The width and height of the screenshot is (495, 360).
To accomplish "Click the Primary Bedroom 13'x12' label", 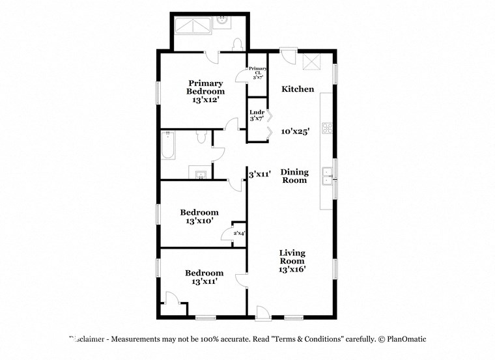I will pyautogui.click(x=206, y=92).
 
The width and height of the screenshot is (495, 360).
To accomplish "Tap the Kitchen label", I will pyautogui.click(x=298, y=89).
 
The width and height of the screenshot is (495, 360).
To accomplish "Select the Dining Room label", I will pyautogui.click(x=294, y=176).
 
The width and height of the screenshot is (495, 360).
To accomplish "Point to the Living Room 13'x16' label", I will pyautogui.click(x=292, y=260).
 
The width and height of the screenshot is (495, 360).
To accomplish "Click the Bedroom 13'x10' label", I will pyautogui.click(x=199, y=217).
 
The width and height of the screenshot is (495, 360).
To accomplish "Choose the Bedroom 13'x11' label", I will pyautogui.click(x=204, y=277).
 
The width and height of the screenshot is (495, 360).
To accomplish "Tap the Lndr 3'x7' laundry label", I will pyautogui.click(x=257, y=115).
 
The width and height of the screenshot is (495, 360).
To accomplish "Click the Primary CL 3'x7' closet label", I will pyautogui.click(x=258, y=72).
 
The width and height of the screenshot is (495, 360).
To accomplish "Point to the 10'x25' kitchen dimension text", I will pyautogui.click(x=295, y=131).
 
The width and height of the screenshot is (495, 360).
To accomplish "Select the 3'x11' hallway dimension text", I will pyautogui.click(x=261, y=174).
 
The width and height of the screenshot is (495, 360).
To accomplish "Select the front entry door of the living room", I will pyautogui.click(x=263, y=314).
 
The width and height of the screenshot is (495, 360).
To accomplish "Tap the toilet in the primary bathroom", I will pyautogui.click(x=238, y=44).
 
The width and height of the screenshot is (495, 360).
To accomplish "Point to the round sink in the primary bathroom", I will pyautogui.click(x=223, y=20).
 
